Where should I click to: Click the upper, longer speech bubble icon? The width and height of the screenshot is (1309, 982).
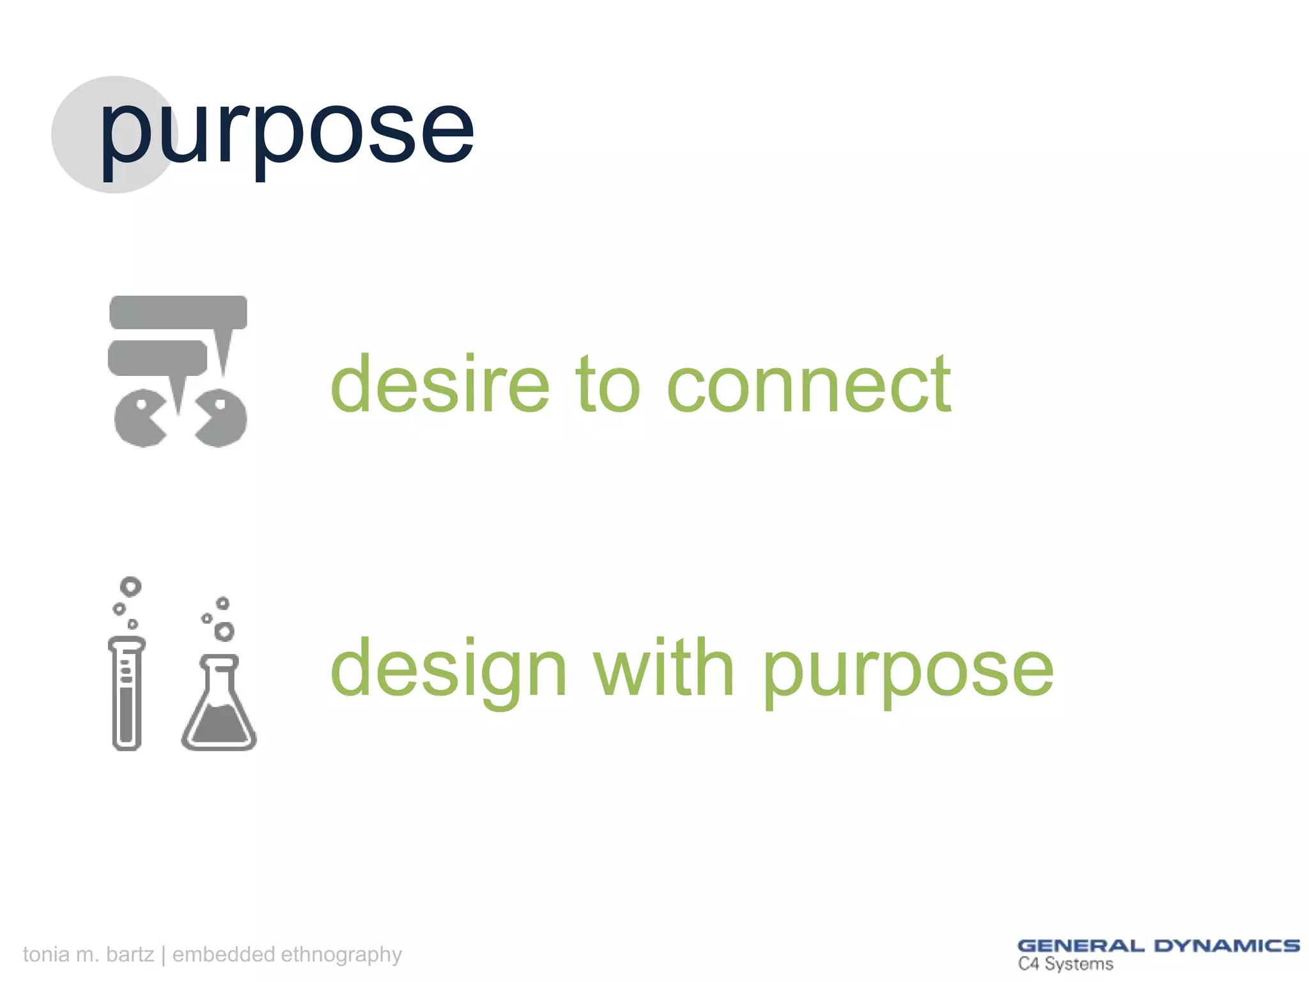(178, 312)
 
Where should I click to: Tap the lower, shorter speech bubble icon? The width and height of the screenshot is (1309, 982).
(157, 357)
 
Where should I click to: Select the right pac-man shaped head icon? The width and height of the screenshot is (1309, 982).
(222, 419)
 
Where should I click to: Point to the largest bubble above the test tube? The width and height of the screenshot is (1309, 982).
(130, 586)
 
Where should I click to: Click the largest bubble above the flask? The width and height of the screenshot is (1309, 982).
(224, 632)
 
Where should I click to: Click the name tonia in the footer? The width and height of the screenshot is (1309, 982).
(46, 954)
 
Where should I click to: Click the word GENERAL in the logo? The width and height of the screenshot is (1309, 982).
(1080, 946)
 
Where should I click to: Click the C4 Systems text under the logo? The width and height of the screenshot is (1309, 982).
(1065, 964)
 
